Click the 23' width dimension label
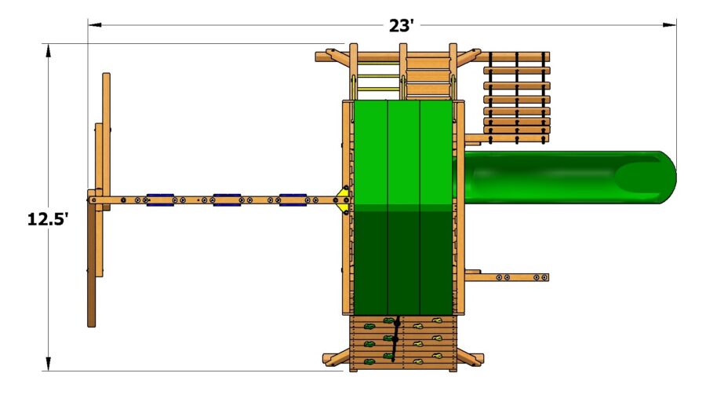click(x=401, y=25)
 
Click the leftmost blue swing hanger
click(x=160, y=202)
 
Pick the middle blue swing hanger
click(x=227, y=202)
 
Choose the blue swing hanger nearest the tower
click(x=293, y=202)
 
